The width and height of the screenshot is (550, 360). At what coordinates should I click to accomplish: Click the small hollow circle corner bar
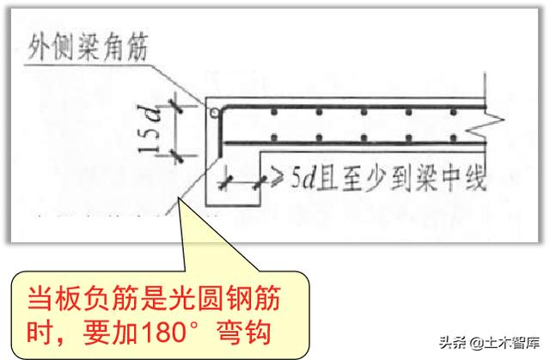[208, 112]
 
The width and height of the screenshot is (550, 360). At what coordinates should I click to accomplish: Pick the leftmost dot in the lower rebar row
[272, 137]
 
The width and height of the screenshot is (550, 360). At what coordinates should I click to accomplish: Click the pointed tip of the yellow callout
[180, 201]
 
